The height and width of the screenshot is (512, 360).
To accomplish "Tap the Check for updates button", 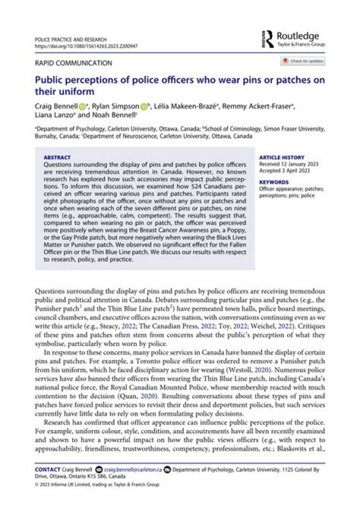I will pyautogui.click(x=302, y=61).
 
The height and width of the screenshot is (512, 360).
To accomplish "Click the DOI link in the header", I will pyautogui.click(x=86, y=46).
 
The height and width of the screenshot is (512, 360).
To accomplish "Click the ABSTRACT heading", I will pyautogui.click(x=57, y=157).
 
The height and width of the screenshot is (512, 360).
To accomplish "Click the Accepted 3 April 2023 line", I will pyautogui.click(x=283, y=170).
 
